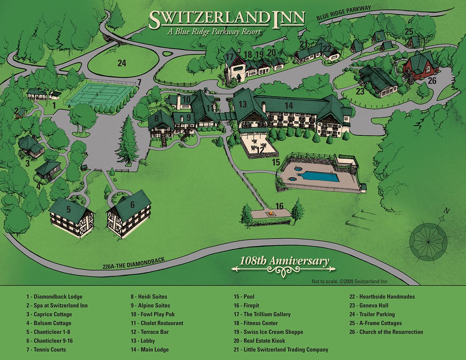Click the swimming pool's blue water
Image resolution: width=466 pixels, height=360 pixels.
click(321, 176)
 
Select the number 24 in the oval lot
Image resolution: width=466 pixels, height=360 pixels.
click(122, 63)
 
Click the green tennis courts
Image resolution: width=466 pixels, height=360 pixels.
click(100, 94)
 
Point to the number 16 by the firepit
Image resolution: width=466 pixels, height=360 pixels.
click(280, 206)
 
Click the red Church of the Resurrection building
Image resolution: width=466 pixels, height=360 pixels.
click(420, 67)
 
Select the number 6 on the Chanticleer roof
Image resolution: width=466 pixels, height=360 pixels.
click(132, 204)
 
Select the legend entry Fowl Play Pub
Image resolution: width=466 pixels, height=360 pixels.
click(153, 315)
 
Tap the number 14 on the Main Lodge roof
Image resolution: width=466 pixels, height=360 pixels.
click(289, 105)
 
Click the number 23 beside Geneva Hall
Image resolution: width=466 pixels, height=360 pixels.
click(360, 91)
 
